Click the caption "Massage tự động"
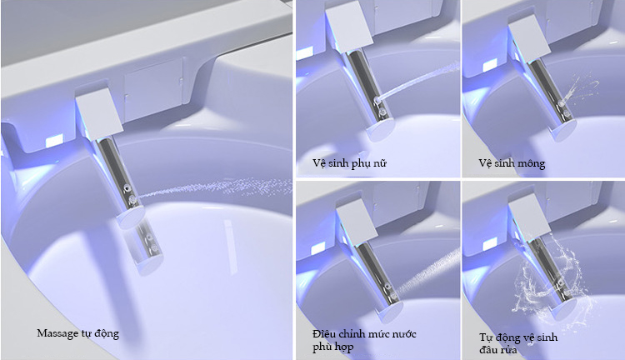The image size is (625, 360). click(77, 333)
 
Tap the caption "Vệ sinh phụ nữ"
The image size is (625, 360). click(349, 163)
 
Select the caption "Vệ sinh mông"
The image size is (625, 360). click(512, 163)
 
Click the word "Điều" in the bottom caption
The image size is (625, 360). click(323, 333)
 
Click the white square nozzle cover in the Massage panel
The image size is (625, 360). click(99, 113)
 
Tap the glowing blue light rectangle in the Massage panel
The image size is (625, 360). click(55, 141)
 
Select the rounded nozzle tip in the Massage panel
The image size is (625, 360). click(132, 217)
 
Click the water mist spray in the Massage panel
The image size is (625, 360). click(215, 187)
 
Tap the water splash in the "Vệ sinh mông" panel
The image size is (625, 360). click(581, 90)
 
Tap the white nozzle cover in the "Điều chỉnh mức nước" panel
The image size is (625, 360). click(357, 219)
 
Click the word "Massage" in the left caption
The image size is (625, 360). click(57, 333)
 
